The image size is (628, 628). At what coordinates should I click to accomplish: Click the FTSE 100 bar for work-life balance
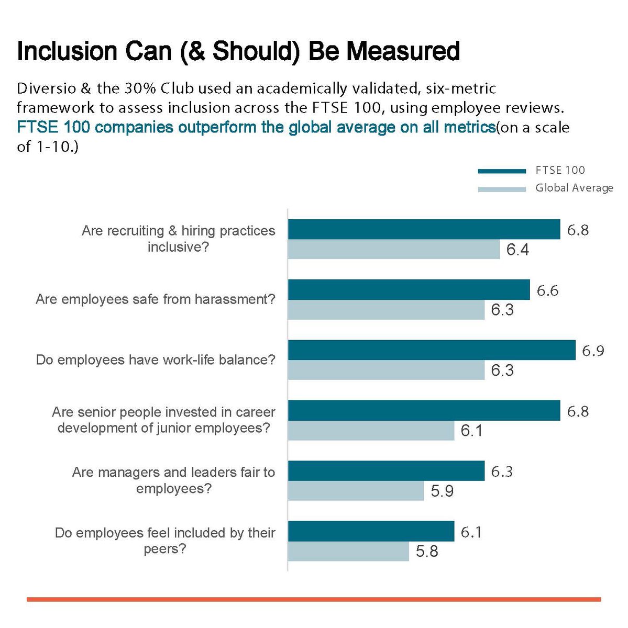pos(432,350)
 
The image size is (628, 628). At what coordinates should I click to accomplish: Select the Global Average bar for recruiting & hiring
pos(394,250)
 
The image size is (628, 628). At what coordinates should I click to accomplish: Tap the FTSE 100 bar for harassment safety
pos(409,289)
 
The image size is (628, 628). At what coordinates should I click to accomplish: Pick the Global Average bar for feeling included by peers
pos(348,552)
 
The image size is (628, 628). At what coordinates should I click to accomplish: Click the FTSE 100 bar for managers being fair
pos(386,471)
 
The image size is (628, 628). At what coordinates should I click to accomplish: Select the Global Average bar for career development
pos(371,431)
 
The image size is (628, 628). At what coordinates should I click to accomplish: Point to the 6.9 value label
pos(593,351)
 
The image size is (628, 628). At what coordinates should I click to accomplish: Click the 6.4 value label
pos(517,250)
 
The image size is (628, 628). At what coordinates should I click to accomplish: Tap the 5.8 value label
pos(427,552)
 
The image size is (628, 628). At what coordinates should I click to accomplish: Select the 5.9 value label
pos(442,491)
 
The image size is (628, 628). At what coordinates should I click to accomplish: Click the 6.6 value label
pos(547,290)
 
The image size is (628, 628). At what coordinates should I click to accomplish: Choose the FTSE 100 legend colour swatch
pos(502,171)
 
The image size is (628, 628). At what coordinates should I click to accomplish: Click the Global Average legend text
pos(574,188)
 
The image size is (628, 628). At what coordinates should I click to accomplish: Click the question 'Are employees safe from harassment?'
pos(155,299)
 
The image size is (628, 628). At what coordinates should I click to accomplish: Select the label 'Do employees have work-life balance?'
pos(155,360)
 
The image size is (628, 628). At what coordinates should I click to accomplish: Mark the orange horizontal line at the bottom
pos(314,599)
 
